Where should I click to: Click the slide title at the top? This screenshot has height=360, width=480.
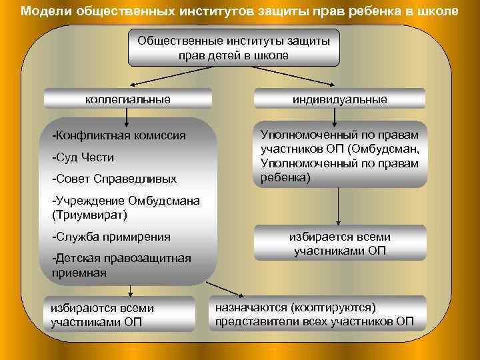[x=239, y=11]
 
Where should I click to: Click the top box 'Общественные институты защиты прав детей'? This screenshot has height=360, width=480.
[x=233, y=48]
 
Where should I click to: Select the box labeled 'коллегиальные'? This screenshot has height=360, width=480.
[x=128, y=99]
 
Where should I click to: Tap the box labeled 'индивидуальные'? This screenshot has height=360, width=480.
[x=339, y=99]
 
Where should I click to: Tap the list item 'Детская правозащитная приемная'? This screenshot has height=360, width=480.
[x=120, y=265]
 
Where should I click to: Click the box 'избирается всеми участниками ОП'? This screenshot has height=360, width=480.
[x=339, y=243]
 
